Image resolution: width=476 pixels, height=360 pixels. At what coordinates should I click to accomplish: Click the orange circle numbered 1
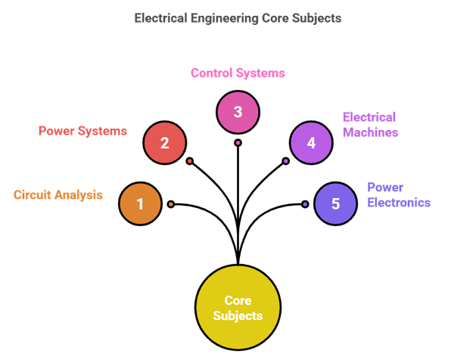tap(140, 203)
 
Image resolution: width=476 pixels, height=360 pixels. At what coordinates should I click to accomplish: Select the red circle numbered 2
tap(164, 141)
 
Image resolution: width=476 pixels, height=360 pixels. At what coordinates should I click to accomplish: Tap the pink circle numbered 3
tap(238, 112)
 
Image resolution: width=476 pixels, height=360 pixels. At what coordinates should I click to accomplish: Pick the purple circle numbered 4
tap(310, 142)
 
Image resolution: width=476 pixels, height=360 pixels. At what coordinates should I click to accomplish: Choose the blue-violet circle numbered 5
tap(335, 203)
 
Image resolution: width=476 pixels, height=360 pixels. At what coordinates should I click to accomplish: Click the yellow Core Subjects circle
tap(238, 308)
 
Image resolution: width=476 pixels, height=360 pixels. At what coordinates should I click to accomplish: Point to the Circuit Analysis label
tap(58, 194)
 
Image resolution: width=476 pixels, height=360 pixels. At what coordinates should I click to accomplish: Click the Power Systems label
tap(82, 130)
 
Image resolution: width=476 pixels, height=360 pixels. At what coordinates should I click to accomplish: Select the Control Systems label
tap(238, 73)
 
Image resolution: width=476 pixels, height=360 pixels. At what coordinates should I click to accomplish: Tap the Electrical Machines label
tap(370, 125)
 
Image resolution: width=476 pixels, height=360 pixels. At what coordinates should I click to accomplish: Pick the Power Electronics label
tap(399, 194)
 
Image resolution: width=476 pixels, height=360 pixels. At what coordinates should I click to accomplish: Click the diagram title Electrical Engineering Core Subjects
tap(238, 17)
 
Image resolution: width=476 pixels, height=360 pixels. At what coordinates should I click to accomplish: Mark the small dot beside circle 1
tap(171, 204)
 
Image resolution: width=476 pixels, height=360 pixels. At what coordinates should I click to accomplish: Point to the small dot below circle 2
tap(190, 160)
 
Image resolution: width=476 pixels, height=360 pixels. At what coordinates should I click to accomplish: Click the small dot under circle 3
tap(238, 142)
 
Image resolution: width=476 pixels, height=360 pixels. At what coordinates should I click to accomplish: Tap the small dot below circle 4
tap(285, 160)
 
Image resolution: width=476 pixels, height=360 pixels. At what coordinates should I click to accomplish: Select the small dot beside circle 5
tap(305, 204)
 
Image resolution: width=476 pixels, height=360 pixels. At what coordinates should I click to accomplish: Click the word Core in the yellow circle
tap(238, 301)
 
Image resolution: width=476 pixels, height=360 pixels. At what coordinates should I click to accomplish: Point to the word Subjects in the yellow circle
tap(238, 315)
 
